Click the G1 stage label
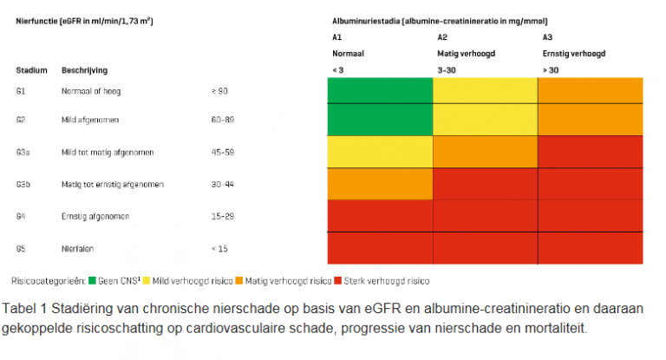(20, 90)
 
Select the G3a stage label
(23, 153)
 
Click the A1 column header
(336, 36)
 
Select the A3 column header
(547, 36)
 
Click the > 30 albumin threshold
(550, 69)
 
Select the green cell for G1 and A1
(379, 90)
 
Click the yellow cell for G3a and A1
(379, 152)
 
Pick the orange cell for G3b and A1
(379, 184)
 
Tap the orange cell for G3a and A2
(485, 152)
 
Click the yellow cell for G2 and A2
(485, 120)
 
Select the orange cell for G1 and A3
(591, 90)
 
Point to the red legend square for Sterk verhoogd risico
(337, 281)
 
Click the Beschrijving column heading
(84, 69)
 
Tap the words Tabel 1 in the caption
(26, 309)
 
